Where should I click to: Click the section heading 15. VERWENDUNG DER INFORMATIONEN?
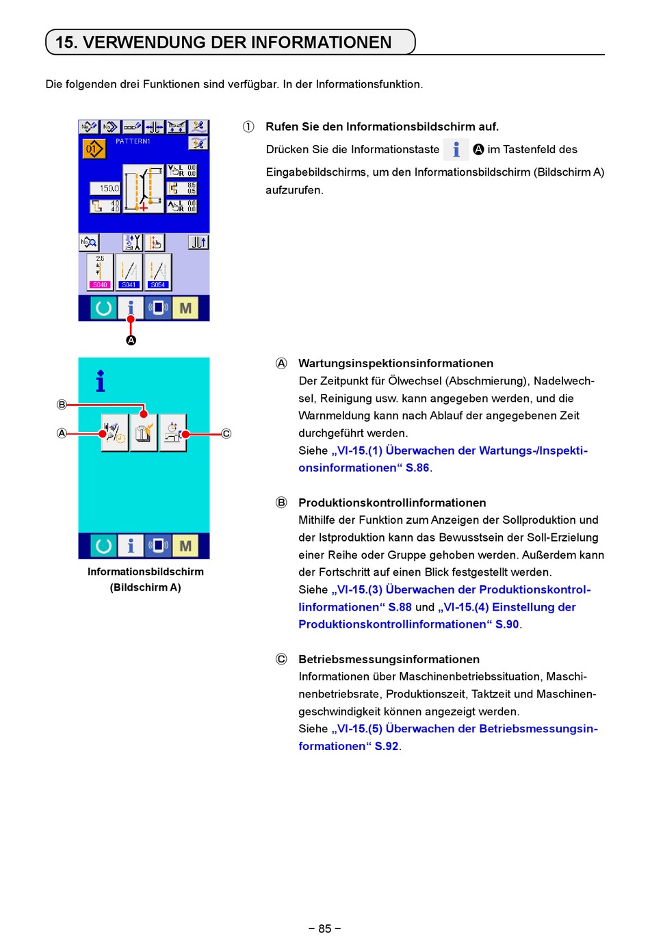pos(224,42)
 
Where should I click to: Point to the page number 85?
pos(324,928)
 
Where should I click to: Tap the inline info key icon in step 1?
pos(456,149)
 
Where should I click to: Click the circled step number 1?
pos(248,126)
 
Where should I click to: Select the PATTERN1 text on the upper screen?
pos(133,141)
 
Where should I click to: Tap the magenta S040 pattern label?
pos(100,284)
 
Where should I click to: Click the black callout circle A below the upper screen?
pos(131,340)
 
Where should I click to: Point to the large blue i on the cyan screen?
pos(101,382)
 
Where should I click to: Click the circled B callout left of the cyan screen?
pos(62,405)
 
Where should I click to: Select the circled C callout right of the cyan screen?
pos(226,433)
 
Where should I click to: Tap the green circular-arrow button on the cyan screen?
pos(104,546)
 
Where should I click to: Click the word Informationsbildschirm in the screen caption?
pos(145,572)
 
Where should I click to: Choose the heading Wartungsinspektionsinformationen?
pos(395,363)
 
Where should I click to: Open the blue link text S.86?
pos(417,468)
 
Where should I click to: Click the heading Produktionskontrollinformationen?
pos(392,503)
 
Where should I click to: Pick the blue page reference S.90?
pos(507,624)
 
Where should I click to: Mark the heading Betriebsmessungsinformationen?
pos(389,659)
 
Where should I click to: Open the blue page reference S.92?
pos(386,746)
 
